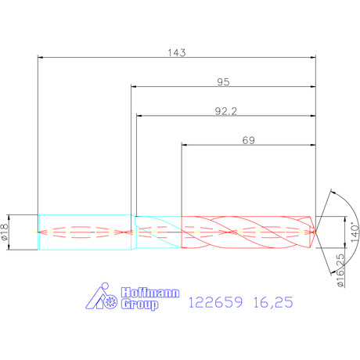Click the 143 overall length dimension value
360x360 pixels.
[x=177, y=52]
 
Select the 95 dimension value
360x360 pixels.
[x=223, y=82]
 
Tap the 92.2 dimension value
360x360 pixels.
[x=226, y=111]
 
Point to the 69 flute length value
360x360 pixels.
[x=248, y=140]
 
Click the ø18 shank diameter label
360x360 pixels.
[x=5, y=232]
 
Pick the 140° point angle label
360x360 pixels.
[x=355, y=232]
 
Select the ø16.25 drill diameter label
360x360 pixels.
[x=340, y=271]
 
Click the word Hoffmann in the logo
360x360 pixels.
[x=150, y=293]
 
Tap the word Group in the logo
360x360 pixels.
[x=139, y=304]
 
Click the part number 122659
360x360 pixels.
[x=215, y=302]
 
